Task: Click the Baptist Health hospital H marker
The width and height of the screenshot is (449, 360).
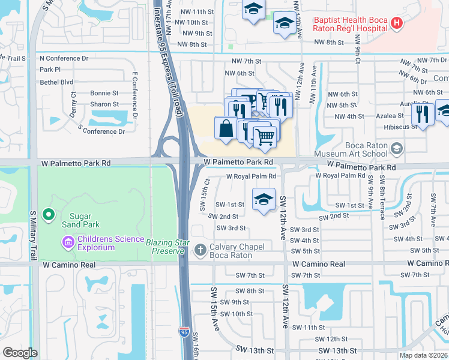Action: (396, 24)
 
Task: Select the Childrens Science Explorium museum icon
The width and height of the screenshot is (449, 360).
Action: (68, 242)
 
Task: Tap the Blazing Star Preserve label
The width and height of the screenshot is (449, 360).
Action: (168, 247)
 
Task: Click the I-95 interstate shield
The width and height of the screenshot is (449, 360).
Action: (184, 331)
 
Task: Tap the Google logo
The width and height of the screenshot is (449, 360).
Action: (20, 352)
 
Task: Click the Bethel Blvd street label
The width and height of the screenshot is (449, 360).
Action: (56, 81)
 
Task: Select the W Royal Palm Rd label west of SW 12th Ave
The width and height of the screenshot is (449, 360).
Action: (251, 176)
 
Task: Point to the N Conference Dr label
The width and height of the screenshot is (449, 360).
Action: (64, 58)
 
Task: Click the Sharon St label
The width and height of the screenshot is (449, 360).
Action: (104, 104)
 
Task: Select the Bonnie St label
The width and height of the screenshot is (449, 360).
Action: (104, 93)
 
